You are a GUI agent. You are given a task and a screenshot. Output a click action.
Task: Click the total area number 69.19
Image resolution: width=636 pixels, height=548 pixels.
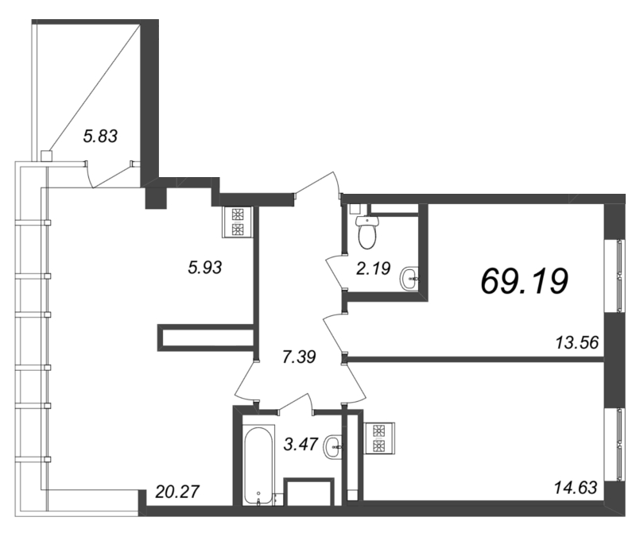[x=524, y=281]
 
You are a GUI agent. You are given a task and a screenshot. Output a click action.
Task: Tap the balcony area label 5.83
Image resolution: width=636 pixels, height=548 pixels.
[x=100, y=136]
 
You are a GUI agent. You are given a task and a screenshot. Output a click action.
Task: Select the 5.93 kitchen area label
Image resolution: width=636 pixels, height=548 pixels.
[x=205, y=268]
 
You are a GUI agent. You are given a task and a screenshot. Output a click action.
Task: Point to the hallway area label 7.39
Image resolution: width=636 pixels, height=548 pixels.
[x=299, y=357]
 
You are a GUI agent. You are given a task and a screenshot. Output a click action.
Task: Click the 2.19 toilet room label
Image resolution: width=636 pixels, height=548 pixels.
[x=373, y=268]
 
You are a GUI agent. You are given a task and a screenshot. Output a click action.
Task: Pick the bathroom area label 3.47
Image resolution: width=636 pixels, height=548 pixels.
[x=301, y=444]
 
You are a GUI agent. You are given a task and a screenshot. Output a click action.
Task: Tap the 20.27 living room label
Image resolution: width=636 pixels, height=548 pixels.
[x=177, y=492]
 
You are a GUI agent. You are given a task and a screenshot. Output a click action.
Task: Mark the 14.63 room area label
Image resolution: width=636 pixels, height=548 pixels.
[x=576, y=487]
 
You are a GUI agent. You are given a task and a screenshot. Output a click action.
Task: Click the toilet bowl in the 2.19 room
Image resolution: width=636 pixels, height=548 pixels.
[x=367, y=231]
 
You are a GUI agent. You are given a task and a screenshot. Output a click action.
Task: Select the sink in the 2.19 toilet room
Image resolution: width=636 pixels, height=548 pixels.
[x=409, y=279]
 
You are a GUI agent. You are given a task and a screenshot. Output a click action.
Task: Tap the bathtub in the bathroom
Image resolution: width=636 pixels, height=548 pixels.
[x=259, y=465]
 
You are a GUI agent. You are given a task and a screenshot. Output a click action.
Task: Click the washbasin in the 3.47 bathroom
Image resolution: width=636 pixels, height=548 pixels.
[x=333, y=447]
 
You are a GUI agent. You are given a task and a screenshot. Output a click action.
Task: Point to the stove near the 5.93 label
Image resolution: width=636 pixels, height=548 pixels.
[x=237, y=222]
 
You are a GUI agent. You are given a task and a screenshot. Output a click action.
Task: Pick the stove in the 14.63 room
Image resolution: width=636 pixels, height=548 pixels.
[x=379, y=438]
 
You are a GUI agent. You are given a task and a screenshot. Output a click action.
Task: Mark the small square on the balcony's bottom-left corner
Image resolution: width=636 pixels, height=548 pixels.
[x=47, y=156]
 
